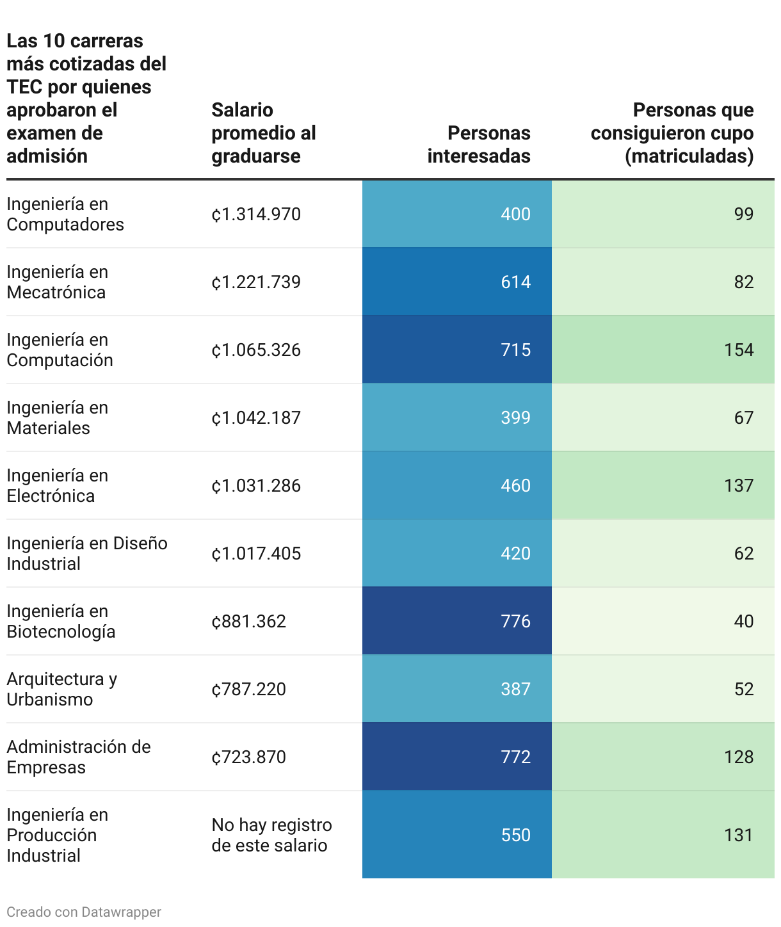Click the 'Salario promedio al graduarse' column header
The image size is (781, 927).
[264, 133]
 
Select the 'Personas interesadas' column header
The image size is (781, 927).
[479, 145]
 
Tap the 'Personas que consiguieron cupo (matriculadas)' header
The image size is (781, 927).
[672, 133]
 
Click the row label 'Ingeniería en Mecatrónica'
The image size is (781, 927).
[58, 282]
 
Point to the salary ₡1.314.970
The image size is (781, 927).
[256, 214]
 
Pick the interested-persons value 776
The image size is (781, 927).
[515, 621]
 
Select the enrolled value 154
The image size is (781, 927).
[739, 350]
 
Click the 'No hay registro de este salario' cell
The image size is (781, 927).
[271, 835]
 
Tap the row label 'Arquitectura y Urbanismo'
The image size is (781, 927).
[62, 689]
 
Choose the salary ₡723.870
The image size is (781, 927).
[249, 757]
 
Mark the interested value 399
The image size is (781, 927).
[515, 417]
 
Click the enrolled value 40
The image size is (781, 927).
[743, 621]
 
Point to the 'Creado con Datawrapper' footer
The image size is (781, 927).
[84, 912]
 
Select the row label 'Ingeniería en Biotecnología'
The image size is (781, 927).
[61, 621]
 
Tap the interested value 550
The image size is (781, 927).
[515, 835]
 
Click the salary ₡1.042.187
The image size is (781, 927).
[256, 417]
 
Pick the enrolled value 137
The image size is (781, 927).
[739, 485]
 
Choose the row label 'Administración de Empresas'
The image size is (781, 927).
[79, 757]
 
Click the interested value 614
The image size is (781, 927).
[515, 282]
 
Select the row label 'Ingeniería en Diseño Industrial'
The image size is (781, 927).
[87, 553]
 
